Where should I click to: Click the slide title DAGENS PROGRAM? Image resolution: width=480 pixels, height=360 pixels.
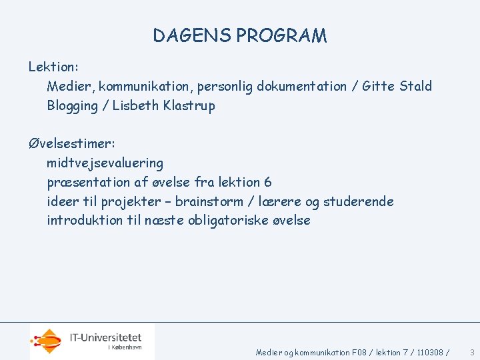point(240,35)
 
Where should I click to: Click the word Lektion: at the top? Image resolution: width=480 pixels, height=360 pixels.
point(53,67)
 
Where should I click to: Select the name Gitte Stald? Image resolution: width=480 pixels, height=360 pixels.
point(397,86)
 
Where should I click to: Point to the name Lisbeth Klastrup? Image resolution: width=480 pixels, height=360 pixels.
point(164,106)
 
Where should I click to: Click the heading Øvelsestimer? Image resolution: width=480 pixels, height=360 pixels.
point(71,143)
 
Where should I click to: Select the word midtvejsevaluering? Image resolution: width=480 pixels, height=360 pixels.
point(105,163)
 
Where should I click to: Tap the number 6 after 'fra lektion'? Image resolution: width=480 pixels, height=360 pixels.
point(267,182)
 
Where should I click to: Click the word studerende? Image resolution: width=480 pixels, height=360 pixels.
point(359,201)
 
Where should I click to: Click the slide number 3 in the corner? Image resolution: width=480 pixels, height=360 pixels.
point(472,352)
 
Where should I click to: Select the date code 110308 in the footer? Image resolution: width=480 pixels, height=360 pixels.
point(433,352)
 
